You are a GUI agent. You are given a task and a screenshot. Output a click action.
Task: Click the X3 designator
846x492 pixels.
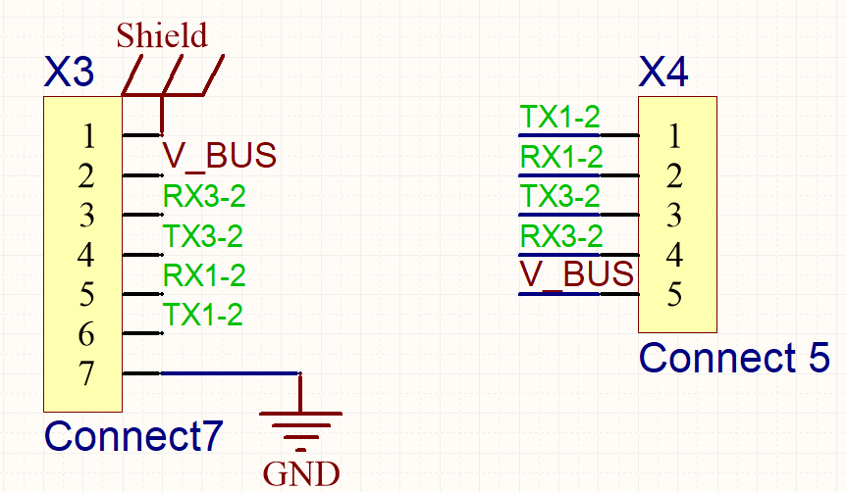point(70,73)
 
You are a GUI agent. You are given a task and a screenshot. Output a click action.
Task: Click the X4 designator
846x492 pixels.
point(663,73)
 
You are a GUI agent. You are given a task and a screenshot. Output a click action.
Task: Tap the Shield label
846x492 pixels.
point(162,36)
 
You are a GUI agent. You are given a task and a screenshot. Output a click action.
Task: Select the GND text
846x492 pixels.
point(301,474)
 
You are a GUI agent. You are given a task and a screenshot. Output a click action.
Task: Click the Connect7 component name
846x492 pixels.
point(134,436)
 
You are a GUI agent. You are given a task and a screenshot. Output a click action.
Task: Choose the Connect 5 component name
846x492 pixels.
point(734,358)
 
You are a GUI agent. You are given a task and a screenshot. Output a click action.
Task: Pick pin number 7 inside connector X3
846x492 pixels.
point(86,374)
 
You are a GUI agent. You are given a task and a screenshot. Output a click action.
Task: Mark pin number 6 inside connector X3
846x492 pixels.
point(86,335)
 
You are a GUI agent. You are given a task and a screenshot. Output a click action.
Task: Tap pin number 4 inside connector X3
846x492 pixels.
point(86,256)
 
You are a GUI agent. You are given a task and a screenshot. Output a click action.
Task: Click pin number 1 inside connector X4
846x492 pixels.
point(674,134)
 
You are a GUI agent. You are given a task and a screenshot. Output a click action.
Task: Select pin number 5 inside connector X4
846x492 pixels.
point(674,295)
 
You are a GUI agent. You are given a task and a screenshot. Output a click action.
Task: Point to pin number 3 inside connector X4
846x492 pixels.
point(674,215)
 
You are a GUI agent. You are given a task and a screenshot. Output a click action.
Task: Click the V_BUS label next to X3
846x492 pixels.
point(219,156)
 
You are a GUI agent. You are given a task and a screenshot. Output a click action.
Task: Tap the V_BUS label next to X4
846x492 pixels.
point(576,275)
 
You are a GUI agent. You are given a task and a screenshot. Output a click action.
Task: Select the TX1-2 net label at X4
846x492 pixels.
point(559,117)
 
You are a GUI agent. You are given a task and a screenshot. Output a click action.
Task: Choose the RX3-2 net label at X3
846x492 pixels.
point(203,196)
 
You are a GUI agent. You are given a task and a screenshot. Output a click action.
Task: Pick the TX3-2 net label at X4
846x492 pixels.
point(559,196)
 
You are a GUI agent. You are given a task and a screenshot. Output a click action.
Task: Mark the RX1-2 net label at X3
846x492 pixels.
point(203,275)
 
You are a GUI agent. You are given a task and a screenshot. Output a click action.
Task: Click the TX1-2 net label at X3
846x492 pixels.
point(203,315)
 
